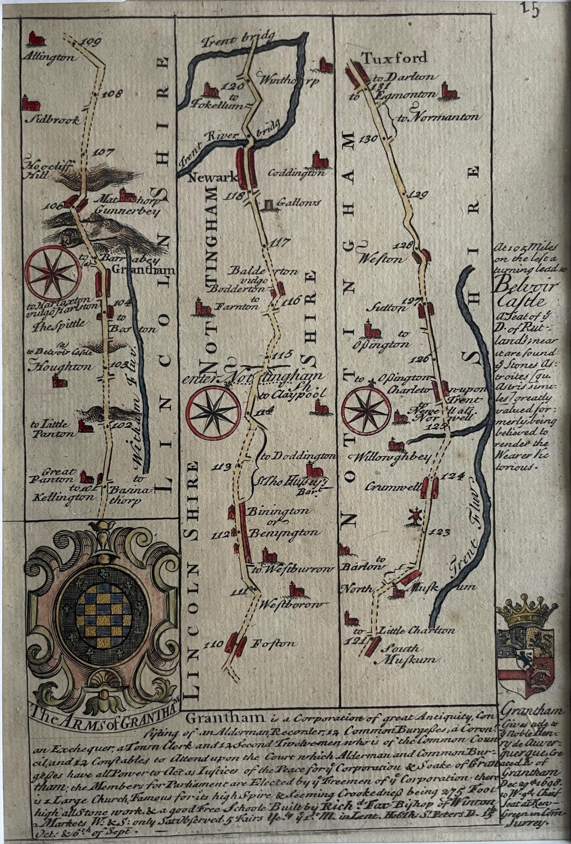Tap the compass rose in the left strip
pos(54,274)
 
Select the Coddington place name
pos(296,173)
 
